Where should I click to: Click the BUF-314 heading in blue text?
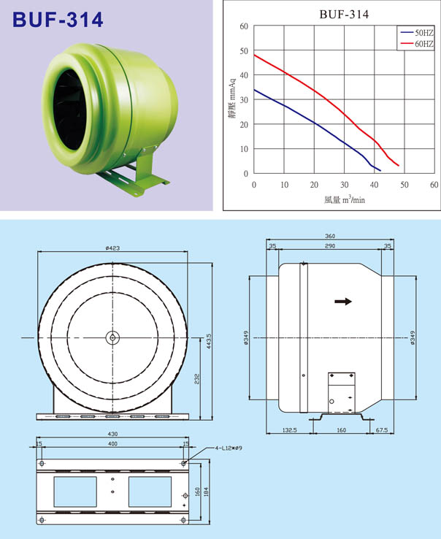pyautogui.click(x=58, y=20)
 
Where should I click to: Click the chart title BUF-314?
pyautogui.click(x=344, y=14)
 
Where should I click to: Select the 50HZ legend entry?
pyautogui.click(x=418, y=32)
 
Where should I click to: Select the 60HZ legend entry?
pyautogui.click(x=418, y=44)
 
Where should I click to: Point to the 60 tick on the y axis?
pyautogui.click(x=244, y=26)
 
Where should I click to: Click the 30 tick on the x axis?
pyautogui.click(x=344, y=185)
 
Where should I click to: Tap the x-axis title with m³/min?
pyautogui.click(x=345, y=199)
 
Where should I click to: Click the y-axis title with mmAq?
pyautogui.click(x=232, y=99)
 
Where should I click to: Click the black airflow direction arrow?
pyautogui.click(x=343, y=302)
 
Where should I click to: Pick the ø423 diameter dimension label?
pyautogui.click(x=112, y=248)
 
